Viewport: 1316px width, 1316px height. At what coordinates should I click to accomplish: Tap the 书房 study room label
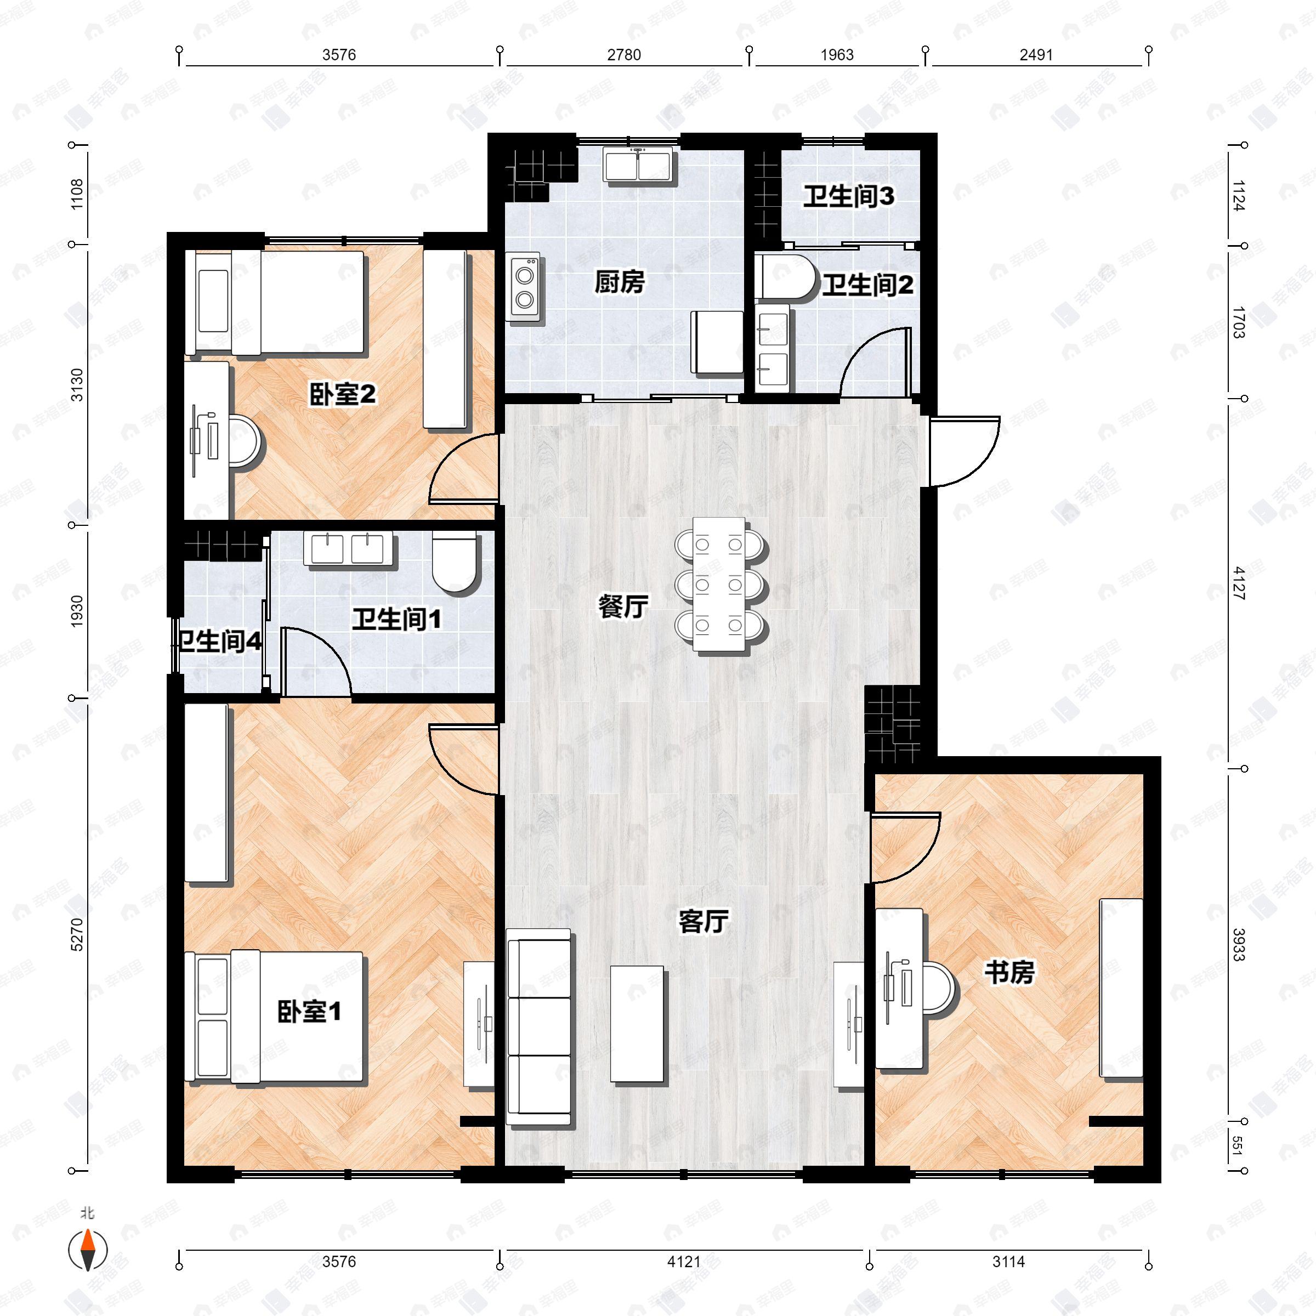coord(1009,972)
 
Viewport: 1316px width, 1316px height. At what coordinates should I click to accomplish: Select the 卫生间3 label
coord(848,197)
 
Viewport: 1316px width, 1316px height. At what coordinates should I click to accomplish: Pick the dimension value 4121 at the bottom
coord(683,1262)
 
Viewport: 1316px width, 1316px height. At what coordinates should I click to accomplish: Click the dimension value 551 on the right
coord(1238,1145)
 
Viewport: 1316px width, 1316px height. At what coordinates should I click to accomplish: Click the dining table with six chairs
coord(719,585)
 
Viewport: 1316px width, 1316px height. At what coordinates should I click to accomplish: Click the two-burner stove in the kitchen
coord(525,287)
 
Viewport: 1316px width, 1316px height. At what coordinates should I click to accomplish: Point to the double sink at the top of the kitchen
coord(638,166)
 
